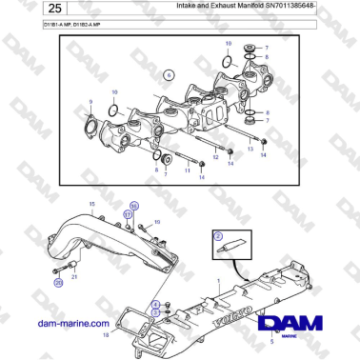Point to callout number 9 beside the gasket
point(90,101)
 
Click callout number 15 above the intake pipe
point(91,205)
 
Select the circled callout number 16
point(134,205)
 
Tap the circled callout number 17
point(128,215)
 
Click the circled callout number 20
point(57,283)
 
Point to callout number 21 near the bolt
point(75,275)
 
